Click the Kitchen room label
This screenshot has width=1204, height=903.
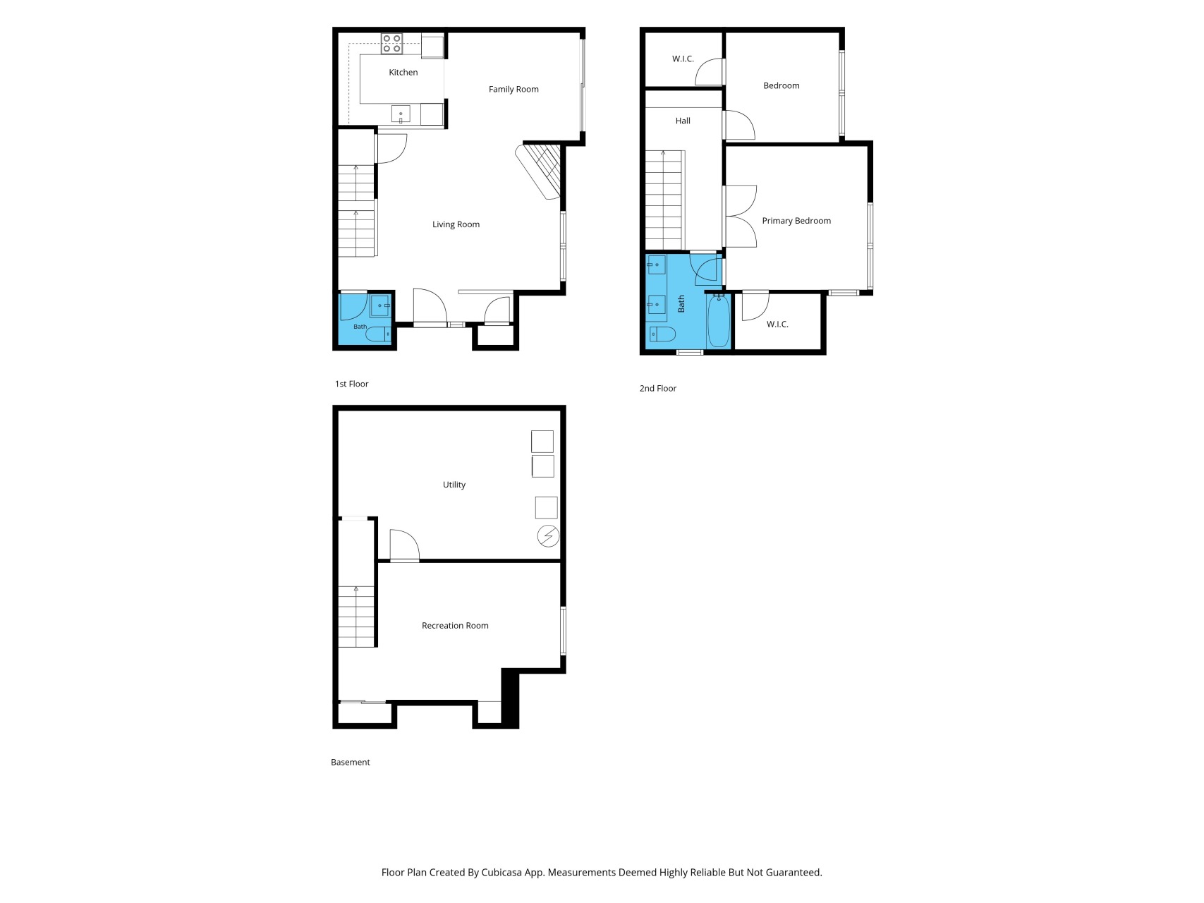point(403,72)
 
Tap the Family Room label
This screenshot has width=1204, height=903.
point(513,89)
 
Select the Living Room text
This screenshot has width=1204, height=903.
point(456,224)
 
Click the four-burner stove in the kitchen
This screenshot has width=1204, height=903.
point(391,44)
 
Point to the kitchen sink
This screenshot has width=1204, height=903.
point(401,114)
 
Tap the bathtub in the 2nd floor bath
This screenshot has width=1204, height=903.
point(719,321)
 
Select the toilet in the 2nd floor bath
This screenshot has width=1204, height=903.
point(662,334)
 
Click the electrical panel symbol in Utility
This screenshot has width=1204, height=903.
point(548,537)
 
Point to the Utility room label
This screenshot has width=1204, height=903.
point(454,485)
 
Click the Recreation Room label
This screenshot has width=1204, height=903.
point(455,626)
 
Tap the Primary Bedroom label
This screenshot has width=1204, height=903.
point(796,221)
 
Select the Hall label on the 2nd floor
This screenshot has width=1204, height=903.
point(683,121)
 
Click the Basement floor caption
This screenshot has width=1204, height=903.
point(351,762)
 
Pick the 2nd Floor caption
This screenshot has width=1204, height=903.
point(658,388)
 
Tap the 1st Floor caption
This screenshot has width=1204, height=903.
point(352,384)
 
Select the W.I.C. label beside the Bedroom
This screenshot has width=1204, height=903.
point(683,59)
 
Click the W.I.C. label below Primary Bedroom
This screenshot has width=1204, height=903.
point(777,324)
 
